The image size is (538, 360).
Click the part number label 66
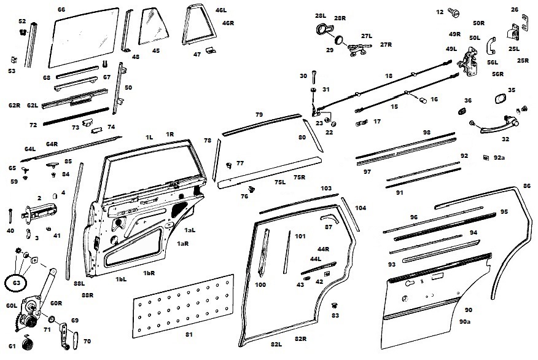click(x=61, y=10)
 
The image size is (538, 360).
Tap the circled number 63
click(x=16, y=284)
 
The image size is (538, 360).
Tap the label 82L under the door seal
click(x=276, y=345)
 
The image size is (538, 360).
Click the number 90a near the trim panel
click(x=465, y=321)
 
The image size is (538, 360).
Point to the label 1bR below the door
click(x=148, y=273)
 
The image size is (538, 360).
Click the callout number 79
click(x=259, y=115)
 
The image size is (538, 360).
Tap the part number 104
click(x=361, y=208)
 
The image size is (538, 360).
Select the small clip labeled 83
click(x=335, y=305)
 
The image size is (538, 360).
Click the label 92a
click(x=499, y=158)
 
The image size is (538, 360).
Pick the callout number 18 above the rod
click(x=388, y=76)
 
